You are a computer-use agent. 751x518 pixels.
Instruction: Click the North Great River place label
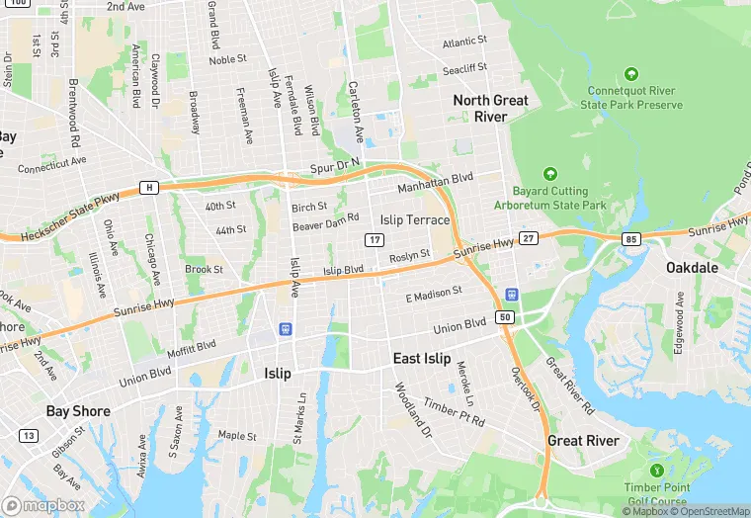pyautogui.click(x=491, y=108)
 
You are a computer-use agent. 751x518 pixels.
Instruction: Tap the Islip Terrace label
pyautogui.click(x=415, y=219)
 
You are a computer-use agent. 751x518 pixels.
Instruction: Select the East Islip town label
pyautogui.click(x=421, y=358)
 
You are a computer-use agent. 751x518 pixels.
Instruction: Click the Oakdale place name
pyautogui.click(x=693, y=268)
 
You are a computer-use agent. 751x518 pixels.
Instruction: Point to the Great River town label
pyautogui.click(x=583, y=440)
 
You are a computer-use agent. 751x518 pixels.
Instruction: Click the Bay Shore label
pyautogui.click(x=78, y=410)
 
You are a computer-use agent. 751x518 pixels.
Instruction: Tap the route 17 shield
pyautogui.click(x=374, y=240)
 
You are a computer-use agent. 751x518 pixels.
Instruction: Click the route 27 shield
pyautogui.click(x=529, y=238)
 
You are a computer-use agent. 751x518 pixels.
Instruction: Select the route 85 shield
pyautogui.click(x=631, y=239)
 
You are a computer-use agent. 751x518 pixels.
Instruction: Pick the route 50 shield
pyautogui.click(x=505, y=316)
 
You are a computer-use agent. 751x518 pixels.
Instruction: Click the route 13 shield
pyautogui.click(x=29, y=435)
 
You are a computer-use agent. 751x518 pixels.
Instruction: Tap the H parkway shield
pyautogui.click(x=149, y=187)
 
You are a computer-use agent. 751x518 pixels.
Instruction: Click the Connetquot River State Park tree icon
pyautogui.click(x=631, y=74)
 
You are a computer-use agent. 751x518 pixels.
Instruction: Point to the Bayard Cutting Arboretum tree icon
pyautogui.click(x=551, y=173)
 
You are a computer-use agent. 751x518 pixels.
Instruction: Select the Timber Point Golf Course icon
pyautogui.click(x=657, y=471)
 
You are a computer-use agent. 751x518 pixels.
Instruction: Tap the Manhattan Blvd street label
pyautogui.click(x=436, y=182)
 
